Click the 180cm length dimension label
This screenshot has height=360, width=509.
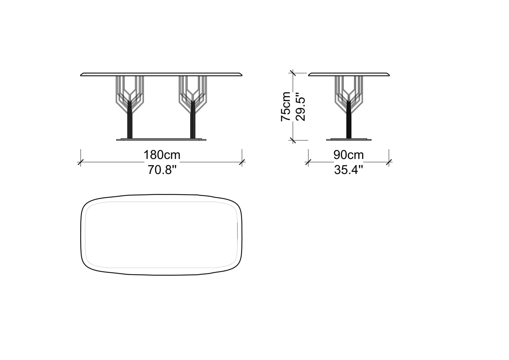[x=162, y=155]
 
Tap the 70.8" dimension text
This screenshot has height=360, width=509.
[x=162, y=170]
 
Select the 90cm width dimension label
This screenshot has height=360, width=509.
[x=348, y=155]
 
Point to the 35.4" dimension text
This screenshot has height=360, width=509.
[x=348, y=170]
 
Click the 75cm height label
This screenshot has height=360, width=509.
[x=285, y=106]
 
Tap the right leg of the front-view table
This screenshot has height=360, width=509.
[x=193, y=107]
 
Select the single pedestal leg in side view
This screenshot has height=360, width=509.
[x=349, y=107]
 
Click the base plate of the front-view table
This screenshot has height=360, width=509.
[x=161, y=139]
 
